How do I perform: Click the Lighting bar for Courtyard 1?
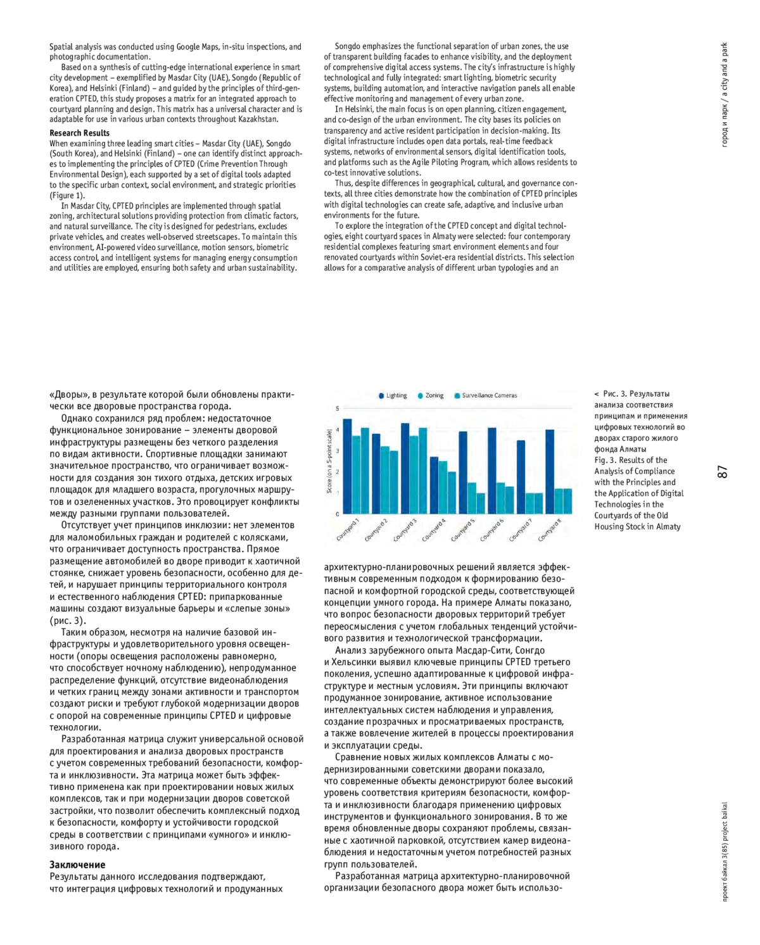click(x=347, y=466)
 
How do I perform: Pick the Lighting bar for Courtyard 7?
click(x=521, y=477)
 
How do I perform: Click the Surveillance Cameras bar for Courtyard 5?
click(x=481, y=503)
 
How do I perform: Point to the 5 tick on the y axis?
click(x=338, y=409)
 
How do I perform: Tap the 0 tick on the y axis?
click(x=338, y=514)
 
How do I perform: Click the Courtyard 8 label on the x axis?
click(x=549, y=530)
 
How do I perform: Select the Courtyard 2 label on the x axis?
click(x=376, y=530)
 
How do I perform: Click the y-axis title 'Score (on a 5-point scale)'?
click(x=329, y=461)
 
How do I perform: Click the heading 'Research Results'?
click(x=79, y=133)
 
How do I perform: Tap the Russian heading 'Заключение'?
click(x=77, y=865)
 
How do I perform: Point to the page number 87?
click(x=723, y=471)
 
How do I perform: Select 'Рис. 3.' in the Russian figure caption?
click(x=616, y=394)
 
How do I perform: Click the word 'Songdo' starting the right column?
click(x=348, y=46)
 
